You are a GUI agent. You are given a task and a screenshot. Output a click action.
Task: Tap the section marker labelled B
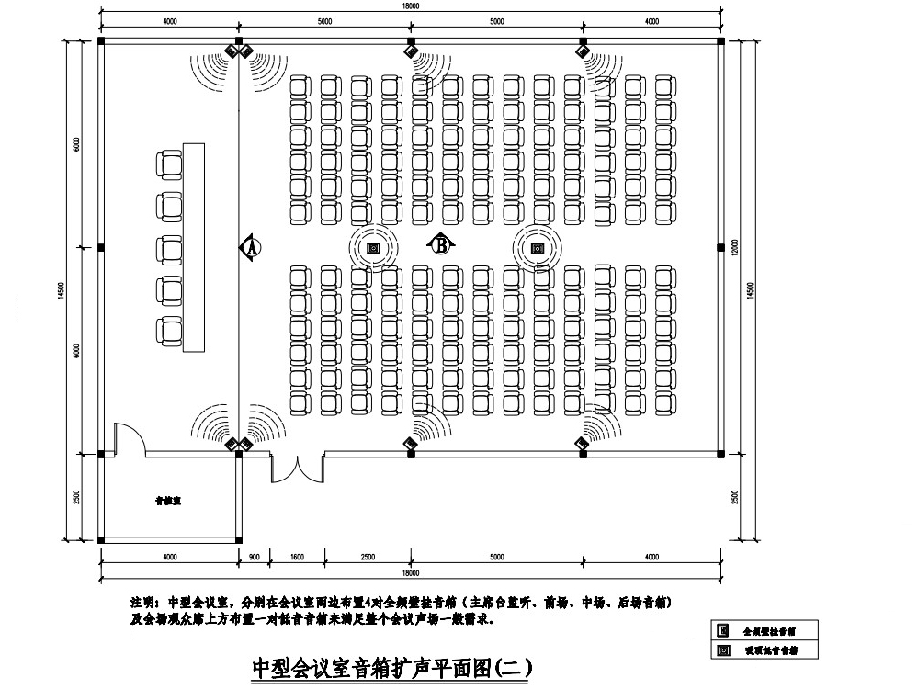[441, 244]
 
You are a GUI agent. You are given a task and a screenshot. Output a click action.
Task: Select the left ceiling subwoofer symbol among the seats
[374, 248]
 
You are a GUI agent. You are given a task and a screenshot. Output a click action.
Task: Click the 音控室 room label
[166, 502]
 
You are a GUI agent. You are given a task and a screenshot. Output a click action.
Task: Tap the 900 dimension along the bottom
[255, 557]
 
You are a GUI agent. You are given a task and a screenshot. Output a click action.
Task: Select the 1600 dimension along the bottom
[297, 557]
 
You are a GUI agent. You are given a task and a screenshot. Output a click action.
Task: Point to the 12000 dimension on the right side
[735, 248]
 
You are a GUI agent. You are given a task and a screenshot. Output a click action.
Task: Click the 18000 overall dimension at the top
[410, 6]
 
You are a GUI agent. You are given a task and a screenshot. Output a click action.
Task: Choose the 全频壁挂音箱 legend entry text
[768, 631]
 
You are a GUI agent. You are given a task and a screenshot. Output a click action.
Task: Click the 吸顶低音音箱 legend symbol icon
[724, 649]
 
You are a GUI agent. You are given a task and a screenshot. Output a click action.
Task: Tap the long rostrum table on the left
[193, 247]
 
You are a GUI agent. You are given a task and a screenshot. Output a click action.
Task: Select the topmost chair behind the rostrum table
[170, 164]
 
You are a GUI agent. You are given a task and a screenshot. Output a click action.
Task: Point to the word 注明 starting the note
[144, 603]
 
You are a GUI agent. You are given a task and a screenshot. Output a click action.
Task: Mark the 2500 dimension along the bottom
[367, 557]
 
